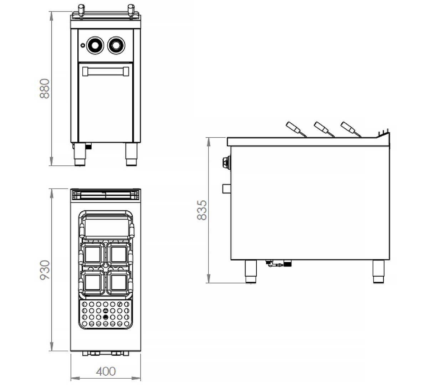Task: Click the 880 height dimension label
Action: pos(45,88)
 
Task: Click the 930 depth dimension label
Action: pos(45,270)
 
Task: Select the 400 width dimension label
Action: pos(106,371)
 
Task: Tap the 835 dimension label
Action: pos(202,210)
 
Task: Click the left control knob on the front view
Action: pos(95,45)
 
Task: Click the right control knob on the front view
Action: pos(116,45)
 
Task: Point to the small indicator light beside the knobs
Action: pos(83,45)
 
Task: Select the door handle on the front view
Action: pos(106,71)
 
